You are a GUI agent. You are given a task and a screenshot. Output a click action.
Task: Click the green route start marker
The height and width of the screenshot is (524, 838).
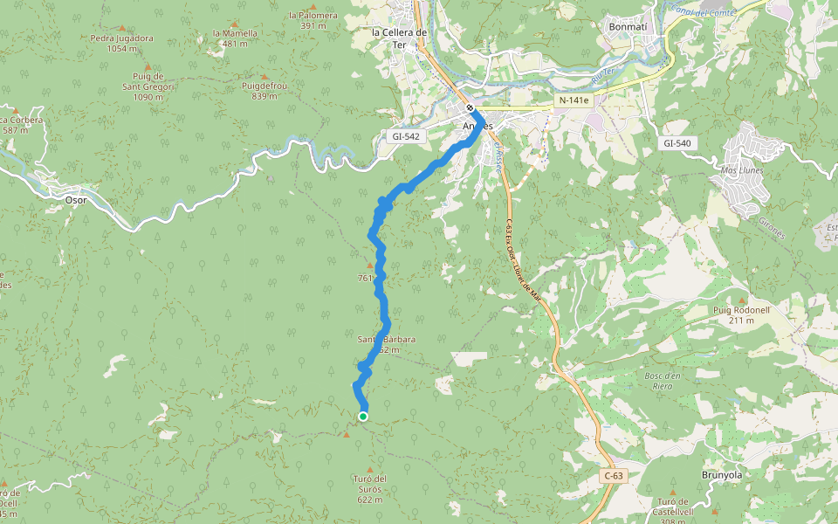point(363,417)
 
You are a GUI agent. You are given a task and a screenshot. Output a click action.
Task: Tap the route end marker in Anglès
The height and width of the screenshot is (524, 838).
point(470,108)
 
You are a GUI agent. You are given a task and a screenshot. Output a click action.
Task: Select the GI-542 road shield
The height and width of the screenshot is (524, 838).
point(406,136)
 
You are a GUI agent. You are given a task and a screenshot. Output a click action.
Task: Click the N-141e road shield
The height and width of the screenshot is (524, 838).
point(574,100)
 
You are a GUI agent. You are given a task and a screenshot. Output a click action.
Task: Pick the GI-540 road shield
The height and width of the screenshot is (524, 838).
point(677,143)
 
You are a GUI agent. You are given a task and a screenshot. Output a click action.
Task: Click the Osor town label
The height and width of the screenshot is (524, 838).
point(77,199)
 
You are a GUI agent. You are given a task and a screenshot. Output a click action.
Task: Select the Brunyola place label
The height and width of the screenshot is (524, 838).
point(721,474)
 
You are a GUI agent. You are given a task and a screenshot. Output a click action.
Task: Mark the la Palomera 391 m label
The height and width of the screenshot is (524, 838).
point(313,20)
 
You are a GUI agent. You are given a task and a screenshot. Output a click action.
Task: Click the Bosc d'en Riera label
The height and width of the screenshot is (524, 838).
point(670,380)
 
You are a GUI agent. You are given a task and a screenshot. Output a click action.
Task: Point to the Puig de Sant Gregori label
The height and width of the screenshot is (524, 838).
point(148,86)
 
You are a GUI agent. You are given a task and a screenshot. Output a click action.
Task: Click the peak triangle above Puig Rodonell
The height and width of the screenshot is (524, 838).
point(742,300)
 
